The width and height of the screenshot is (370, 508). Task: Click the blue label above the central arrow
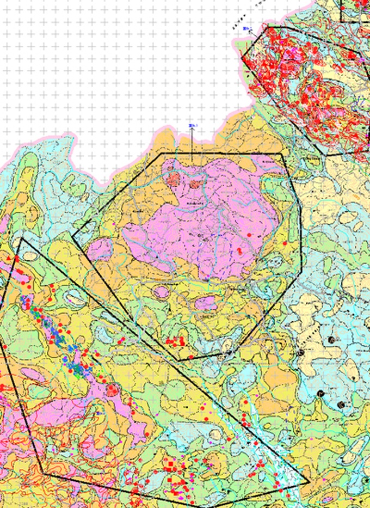click(x=192, y=126)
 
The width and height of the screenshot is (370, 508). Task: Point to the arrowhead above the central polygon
click(x=192, y=132)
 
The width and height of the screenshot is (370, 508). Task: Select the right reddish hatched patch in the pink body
click(x=195, y=184)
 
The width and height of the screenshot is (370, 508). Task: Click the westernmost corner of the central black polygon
click(x=72, y=235)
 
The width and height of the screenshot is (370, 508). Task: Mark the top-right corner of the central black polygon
click(x=282, y=154)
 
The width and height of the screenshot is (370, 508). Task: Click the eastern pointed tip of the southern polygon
click(x=309, y=481)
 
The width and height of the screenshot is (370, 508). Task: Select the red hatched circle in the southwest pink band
click(x=113, y=389)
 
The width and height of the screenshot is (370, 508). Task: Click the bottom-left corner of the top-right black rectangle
click(x=341, y=21)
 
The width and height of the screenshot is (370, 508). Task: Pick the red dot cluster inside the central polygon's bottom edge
click(x=175, y=341)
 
